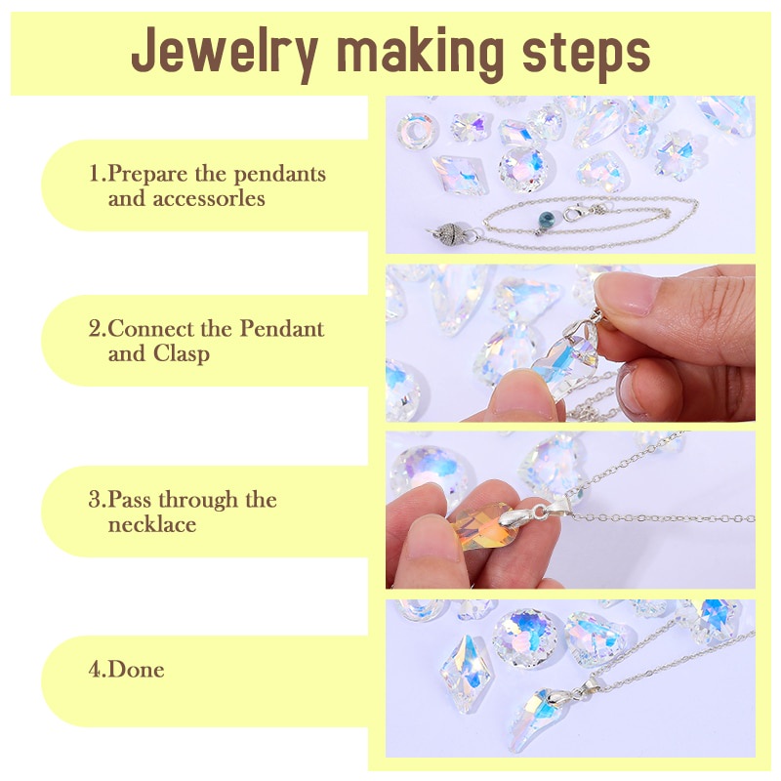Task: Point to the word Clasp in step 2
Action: coord(181,353)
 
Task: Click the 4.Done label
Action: coord(126,670)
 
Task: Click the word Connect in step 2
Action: coord(156,328)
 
